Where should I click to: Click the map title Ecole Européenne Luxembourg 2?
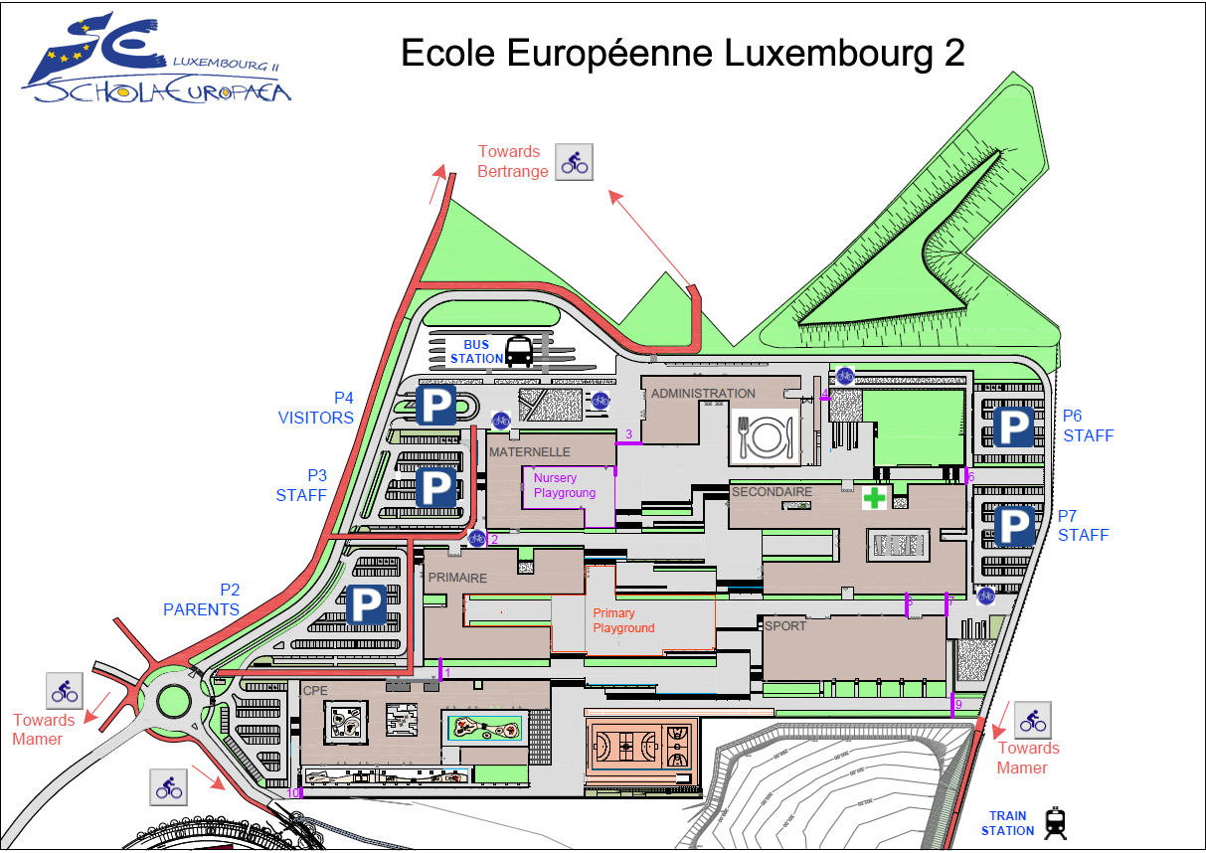682,53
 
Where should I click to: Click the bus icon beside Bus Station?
519,351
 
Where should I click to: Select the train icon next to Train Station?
1055,822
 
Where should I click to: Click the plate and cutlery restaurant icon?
765,434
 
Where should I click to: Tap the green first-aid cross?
874,498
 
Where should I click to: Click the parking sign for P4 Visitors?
435,407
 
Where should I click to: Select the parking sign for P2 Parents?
366,604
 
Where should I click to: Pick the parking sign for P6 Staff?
1014,427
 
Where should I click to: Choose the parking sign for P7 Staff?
1014,526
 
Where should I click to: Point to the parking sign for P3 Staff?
435,487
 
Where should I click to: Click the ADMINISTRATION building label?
703,394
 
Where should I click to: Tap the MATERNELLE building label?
529,452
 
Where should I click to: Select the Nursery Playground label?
565,485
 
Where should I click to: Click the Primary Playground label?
623,620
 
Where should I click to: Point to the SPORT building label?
785,626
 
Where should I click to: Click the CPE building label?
315,690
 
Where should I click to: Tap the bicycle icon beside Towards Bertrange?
575,161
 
